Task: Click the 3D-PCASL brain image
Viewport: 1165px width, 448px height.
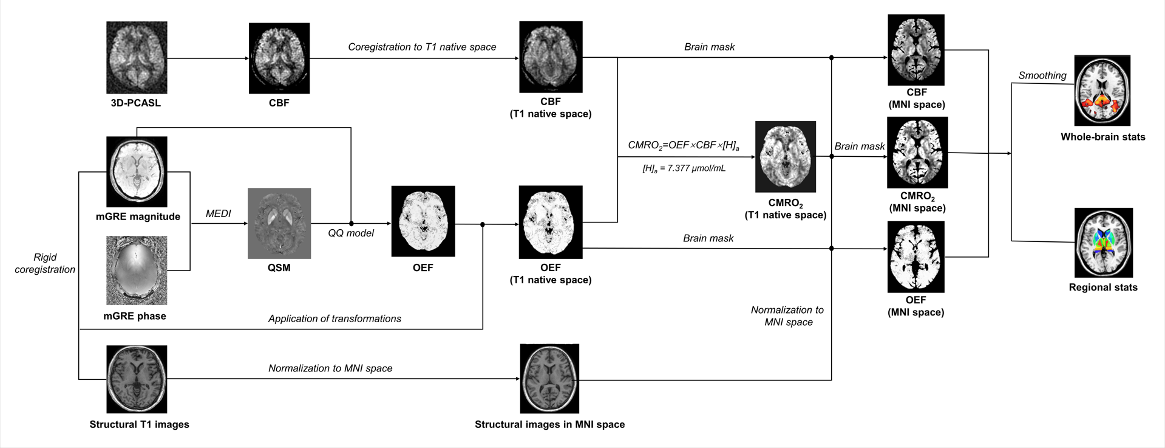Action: coord(137,58)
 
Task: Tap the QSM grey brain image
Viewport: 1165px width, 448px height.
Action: coord(279,223)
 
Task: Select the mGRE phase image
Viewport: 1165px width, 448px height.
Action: coord(137,271)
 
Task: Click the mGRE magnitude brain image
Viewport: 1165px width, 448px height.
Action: coord(137,171)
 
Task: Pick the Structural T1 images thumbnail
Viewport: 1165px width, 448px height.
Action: coord(137,379)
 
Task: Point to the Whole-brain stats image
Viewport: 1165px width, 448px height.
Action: coord(1102,91)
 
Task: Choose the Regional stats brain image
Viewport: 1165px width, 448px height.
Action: coord(1103,243)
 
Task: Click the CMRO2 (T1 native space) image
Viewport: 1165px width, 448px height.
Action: coord(786,156)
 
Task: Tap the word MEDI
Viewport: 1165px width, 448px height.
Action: coord(219,213)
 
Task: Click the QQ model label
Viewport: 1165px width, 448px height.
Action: coord(351,233)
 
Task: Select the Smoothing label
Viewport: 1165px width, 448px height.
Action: coord(1042,75)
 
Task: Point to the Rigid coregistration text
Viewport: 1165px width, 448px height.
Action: coord(45,263)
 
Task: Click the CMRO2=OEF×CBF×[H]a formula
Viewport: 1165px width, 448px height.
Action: coord(684,145)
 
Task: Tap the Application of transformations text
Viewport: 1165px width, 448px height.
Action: coord(335,319)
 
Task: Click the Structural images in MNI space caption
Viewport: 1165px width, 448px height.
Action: coord(549,424)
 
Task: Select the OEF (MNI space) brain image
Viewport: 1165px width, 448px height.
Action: coord(916,257)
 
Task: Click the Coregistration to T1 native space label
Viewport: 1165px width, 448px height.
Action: coord(422,47)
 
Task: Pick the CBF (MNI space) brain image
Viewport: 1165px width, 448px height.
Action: coord(916,50)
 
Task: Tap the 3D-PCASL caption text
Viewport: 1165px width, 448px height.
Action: coord(136,103)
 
